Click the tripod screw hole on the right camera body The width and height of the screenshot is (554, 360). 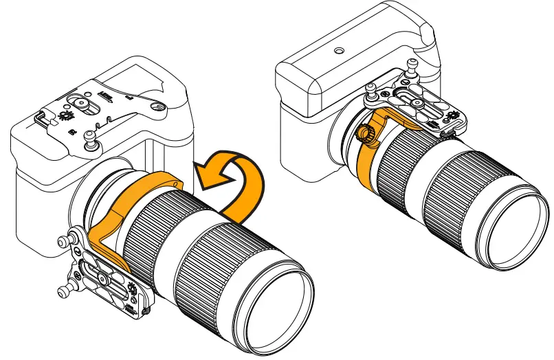tap(338, 50)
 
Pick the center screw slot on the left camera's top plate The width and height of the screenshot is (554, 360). tap(81, 103)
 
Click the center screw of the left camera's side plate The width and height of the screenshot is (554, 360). tap(102, 279)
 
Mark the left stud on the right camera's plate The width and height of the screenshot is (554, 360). tap(369, 90)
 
